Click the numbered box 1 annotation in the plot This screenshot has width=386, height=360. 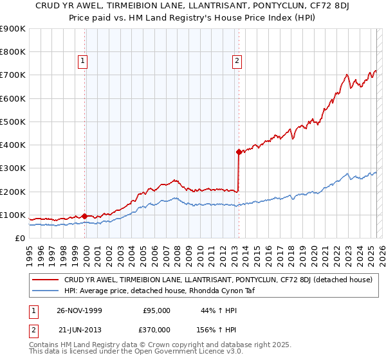(83, 61)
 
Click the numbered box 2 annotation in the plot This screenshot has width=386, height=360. (237, 61)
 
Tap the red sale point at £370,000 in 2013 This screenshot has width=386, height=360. (239, 152)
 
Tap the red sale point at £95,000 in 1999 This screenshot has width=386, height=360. (85, 216)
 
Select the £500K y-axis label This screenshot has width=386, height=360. (13, 122)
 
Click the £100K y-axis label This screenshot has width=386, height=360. (13, 215)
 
